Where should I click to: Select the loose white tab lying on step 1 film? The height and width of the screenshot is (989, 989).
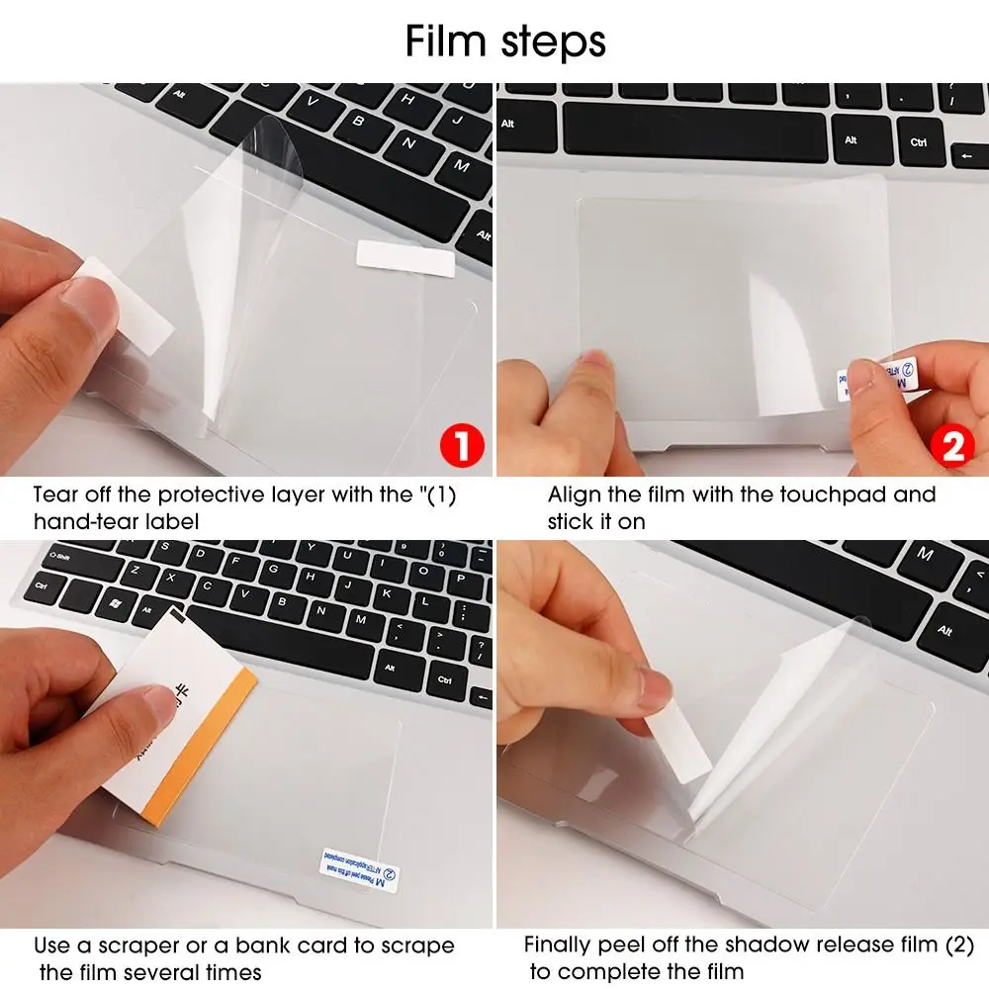click(405, 257)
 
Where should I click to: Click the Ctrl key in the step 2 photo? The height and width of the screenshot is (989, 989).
click(918, 142)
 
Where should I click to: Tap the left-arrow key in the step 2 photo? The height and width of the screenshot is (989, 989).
click(968, 156)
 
